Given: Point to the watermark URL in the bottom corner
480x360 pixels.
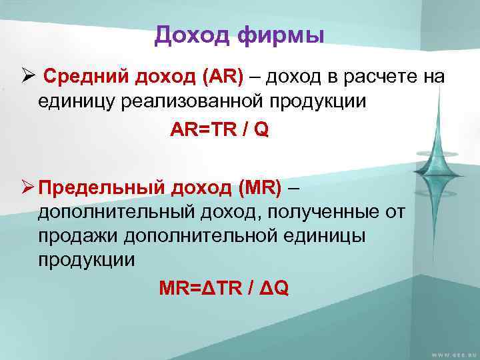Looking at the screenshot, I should [x=449, y=353].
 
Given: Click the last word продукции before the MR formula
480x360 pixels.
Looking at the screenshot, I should [x=86, y=259].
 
